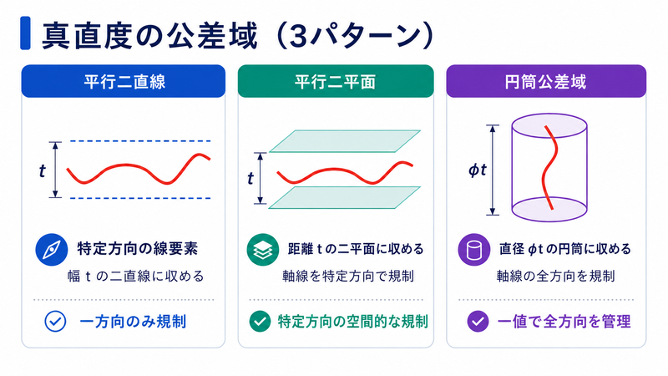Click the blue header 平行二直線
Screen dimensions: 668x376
(124, 81)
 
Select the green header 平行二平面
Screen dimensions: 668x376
(336, 81)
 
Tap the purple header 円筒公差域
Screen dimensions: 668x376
(546, 81)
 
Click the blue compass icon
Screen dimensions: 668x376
(52, 249)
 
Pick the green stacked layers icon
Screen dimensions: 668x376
(263, 249)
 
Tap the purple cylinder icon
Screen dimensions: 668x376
(473, 249)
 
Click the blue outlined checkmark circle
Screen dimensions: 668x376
(55, 322)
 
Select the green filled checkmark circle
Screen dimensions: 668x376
(260, 322)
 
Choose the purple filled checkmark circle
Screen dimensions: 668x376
(478, 322)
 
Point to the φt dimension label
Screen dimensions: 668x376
(478, 170)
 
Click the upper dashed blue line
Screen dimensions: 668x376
(140, 141)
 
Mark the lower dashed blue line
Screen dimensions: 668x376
(140, 198)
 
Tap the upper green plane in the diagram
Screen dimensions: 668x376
(345, 141)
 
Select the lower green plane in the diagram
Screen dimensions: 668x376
(345, 197)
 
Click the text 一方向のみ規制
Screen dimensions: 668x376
(133, 322)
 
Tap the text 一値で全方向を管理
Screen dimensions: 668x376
(564, 322)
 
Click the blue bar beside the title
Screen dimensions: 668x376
(25, 33)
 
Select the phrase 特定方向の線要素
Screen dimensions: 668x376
(138, 249)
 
